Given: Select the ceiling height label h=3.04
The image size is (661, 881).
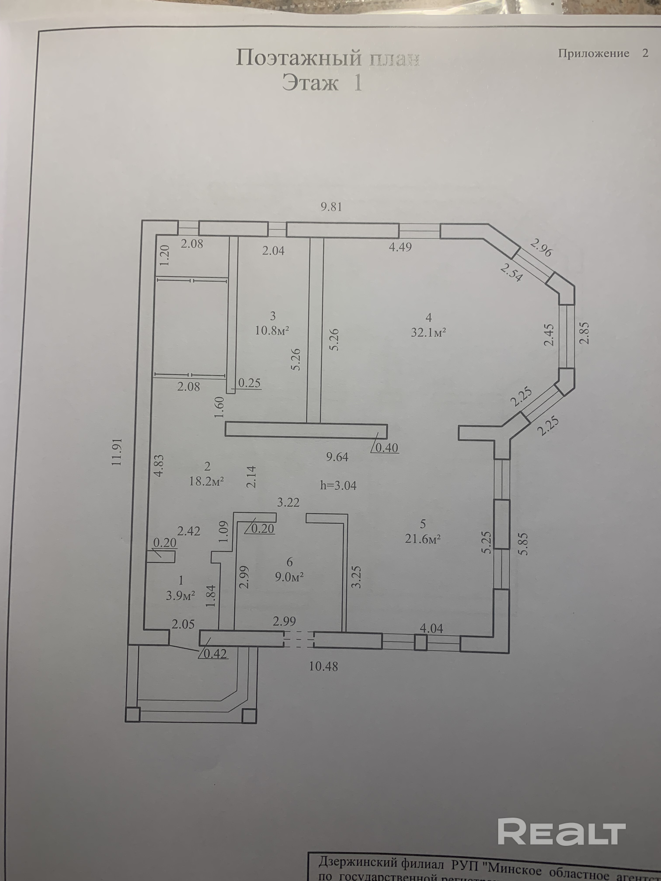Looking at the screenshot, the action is [338, 485].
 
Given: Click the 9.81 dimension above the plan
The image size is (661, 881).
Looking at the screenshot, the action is [331, 207].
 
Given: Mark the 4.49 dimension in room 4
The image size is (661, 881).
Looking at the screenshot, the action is [400, 247].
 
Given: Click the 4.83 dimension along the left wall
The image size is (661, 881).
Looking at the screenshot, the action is [158, 466].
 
